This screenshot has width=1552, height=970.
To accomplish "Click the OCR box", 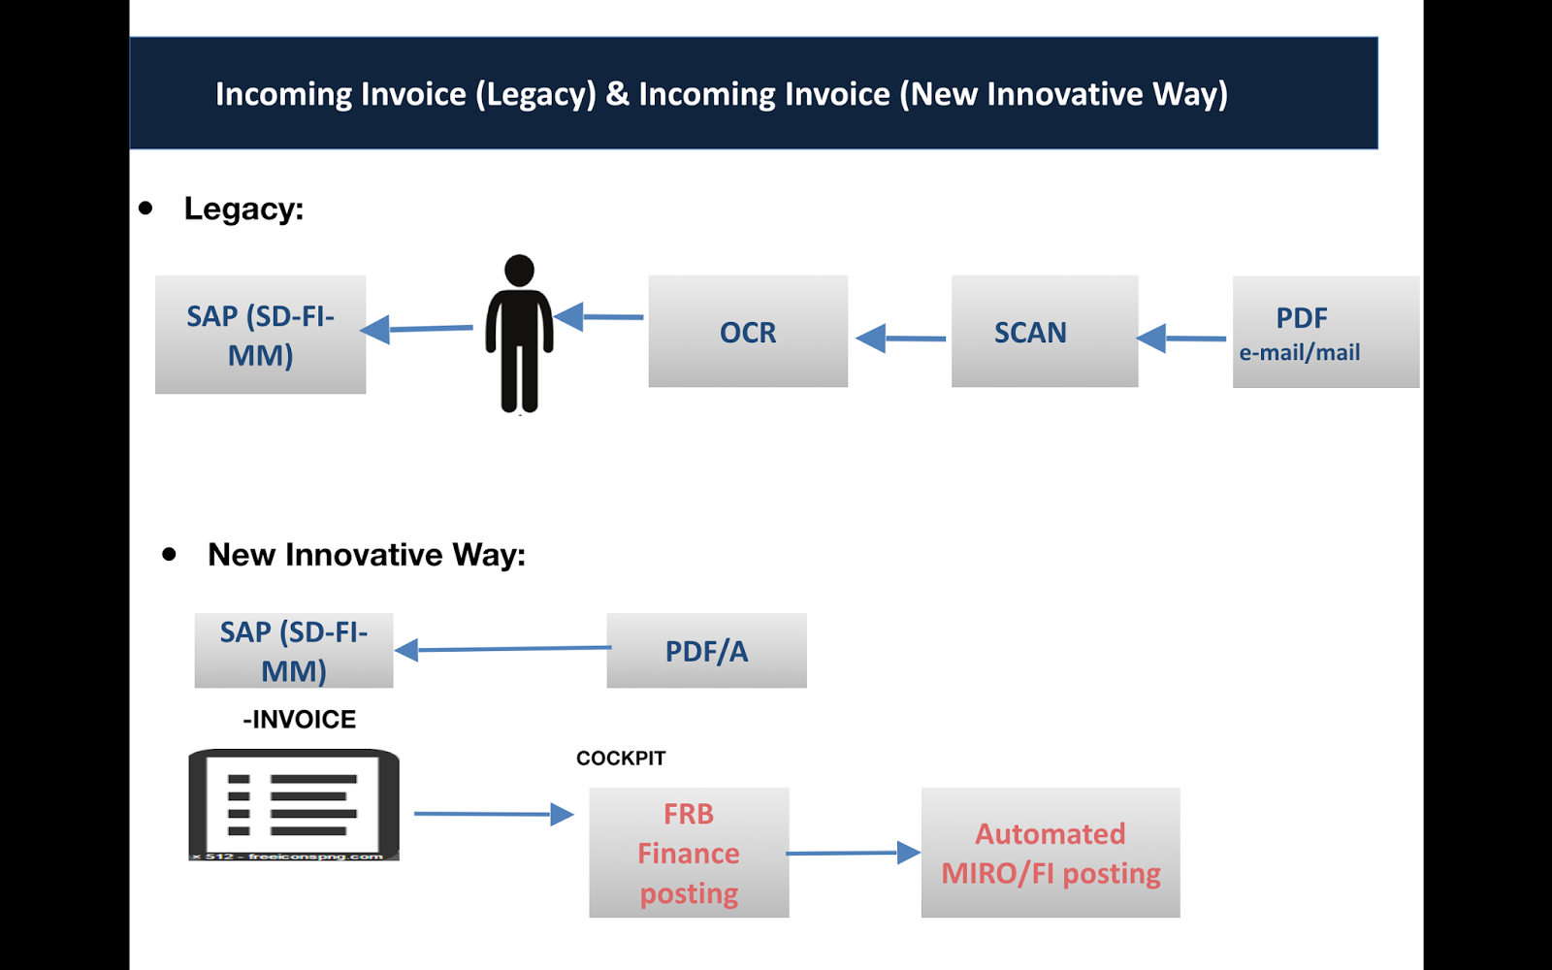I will tap(748, 332).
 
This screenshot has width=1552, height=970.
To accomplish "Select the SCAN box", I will tap(1044, 332).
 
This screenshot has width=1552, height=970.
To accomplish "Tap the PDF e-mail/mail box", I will tap(1325, 332).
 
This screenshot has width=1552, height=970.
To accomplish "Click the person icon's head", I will tap(520, 270).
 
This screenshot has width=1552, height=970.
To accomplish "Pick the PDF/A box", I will tap(706, 651).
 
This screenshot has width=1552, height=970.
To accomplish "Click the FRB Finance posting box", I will tap(689, 853).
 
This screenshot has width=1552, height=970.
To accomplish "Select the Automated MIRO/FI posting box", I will tap(1051, 853).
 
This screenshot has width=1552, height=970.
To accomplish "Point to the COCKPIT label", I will tap(621, 759).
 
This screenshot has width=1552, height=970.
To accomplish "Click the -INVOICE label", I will tap(299, 720).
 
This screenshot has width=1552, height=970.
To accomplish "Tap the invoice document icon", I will tap(294, 804).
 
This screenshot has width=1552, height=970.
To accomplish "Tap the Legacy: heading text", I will tap(243, 209).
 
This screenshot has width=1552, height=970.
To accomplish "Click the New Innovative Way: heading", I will tap(366, 555).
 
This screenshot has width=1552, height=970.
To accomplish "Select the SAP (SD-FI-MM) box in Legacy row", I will tap(260, 335).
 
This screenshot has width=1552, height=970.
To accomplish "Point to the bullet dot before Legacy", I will tap(145, 208).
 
